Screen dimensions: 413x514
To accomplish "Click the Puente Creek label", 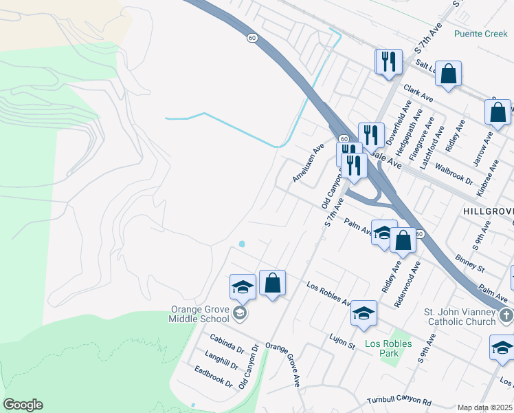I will pyautogui.click(x=480, y=33).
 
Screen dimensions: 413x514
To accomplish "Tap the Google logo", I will pyautogui.click(x=23, y=405).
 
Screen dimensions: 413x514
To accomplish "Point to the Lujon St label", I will pyautogui.click(x=342, y=341).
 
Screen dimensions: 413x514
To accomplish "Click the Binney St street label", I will pyautogui.click(x=470, y=262).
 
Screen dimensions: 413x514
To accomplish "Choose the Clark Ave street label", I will pyautogui.click(x=421, y=94).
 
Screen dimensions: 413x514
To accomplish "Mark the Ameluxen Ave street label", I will pyautogui.click(x=307, y=163).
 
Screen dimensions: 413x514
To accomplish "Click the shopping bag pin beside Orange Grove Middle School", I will pyautogui.click(x=272, y=283).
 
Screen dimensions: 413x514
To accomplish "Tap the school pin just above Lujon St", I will pyautogui.click(x=364, y=313).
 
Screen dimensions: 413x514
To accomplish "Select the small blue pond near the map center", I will pyautogui.click(x=241, y=244).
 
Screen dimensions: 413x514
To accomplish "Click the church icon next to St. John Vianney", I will pyautogui.click(x=506, y=316).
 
